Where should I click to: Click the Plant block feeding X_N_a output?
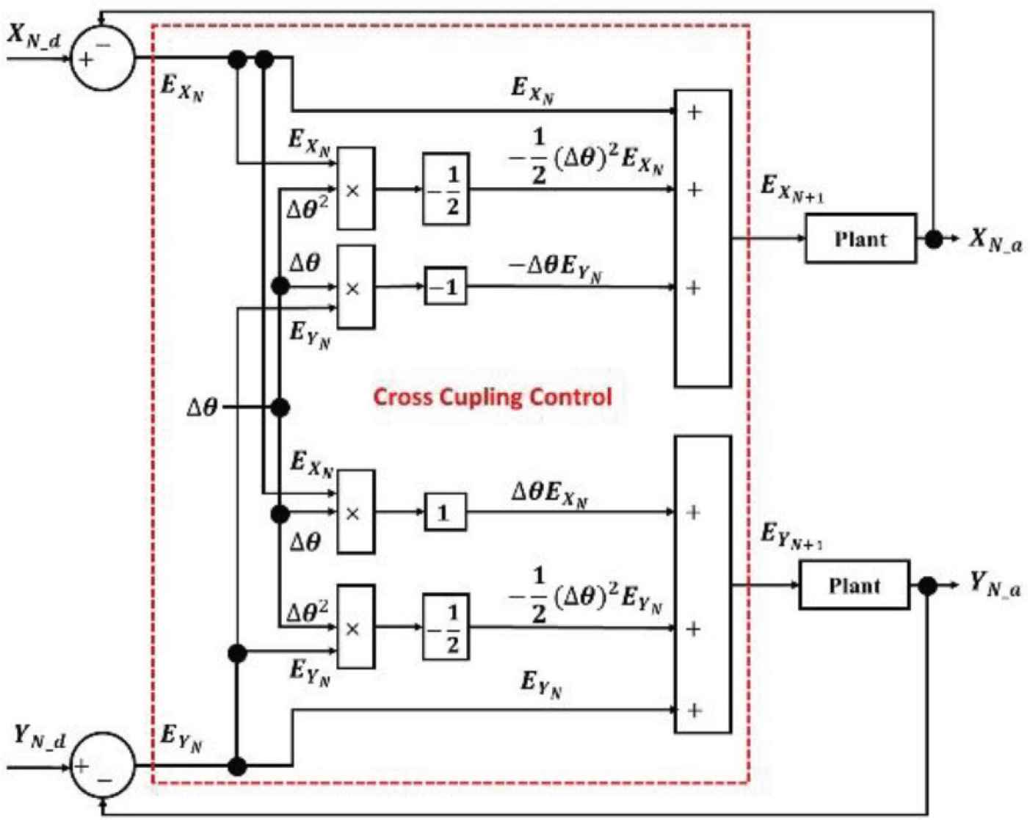860,239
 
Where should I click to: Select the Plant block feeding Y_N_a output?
854,585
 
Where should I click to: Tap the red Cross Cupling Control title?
492,397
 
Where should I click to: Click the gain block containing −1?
445,287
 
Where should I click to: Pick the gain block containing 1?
445,512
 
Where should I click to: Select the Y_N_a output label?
995,585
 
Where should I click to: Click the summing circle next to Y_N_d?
103,766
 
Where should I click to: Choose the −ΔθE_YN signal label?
556,268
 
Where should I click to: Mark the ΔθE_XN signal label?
550,494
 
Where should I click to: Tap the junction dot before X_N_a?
933,239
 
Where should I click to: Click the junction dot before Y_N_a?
928,586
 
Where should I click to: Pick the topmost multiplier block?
355,189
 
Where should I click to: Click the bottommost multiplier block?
355,628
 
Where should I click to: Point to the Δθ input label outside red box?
202,407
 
